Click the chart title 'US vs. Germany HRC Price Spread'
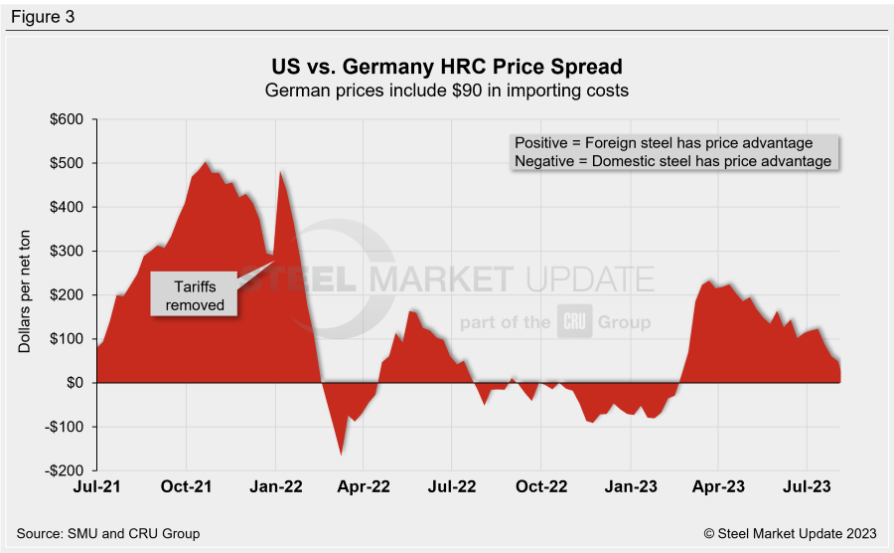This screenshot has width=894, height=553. tap(447, 68)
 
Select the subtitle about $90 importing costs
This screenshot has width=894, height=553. tap(447, 91)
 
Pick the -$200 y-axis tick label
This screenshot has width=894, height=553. tap(68, 470)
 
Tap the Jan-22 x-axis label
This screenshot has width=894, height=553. tap(276, 489)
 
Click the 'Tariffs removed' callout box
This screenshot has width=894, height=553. tap(194, 295)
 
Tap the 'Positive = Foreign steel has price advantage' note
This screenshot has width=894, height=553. tap(663, 143)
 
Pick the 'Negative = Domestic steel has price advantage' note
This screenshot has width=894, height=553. tap(672, 161)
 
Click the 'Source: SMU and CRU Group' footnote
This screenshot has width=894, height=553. tap(108, 534)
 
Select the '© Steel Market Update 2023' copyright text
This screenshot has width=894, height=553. tap(791, 534)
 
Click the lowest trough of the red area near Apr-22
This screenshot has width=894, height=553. tap(342, 455)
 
